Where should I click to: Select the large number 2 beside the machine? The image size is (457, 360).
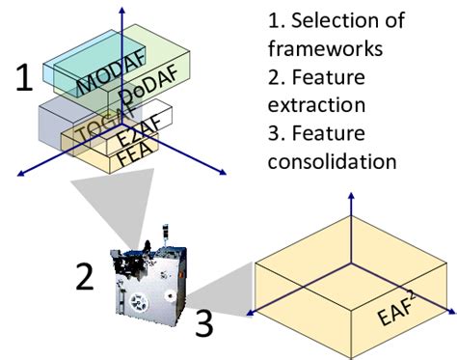85,276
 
